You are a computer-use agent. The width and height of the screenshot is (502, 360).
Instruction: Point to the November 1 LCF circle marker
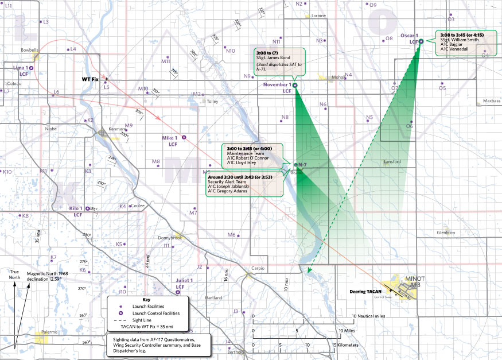point(295,85)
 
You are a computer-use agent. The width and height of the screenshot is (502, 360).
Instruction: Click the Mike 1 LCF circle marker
point(184,138)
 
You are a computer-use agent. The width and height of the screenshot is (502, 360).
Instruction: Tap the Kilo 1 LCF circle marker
point(88,208)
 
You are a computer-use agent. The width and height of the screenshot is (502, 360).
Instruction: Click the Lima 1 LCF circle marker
point(30,68)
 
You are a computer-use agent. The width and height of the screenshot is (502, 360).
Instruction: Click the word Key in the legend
point(146,300)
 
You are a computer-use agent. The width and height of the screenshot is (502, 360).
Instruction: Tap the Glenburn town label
point(446,233)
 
